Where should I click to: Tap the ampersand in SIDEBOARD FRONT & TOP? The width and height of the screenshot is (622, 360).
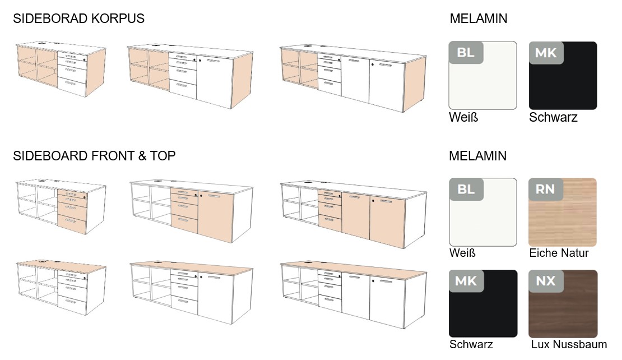(142, 156)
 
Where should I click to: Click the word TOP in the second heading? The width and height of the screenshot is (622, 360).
(163, 156)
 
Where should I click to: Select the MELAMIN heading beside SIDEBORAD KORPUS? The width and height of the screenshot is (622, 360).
(479, 19)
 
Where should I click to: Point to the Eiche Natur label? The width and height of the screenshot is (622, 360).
(559, 253)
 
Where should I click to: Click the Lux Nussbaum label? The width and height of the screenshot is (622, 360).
(569, 344)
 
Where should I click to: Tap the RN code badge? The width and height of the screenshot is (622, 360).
(545, 190)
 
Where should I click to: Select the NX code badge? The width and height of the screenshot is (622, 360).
(545, 281)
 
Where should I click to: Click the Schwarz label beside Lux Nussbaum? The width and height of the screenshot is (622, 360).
(471, 344)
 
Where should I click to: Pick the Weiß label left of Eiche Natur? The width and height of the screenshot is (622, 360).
(462, 253)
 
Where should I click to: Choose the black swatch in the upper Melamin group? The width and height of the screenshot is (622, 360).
(563, 75)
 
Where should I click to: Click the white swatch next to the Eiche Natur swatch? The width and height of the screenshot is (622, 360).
(483, 212)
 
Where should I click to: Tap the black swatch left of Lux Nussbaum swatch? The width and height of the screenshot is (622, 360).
(483, 303)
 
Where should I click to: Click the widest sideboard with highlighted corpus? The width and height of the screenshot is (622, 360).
(353, 79)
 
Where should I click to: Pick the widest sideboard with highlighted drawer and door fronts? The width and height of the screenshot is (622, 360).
(353, 215)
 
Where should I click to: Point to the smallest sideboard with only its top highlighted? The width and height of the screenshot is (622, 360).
(61, 288)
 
